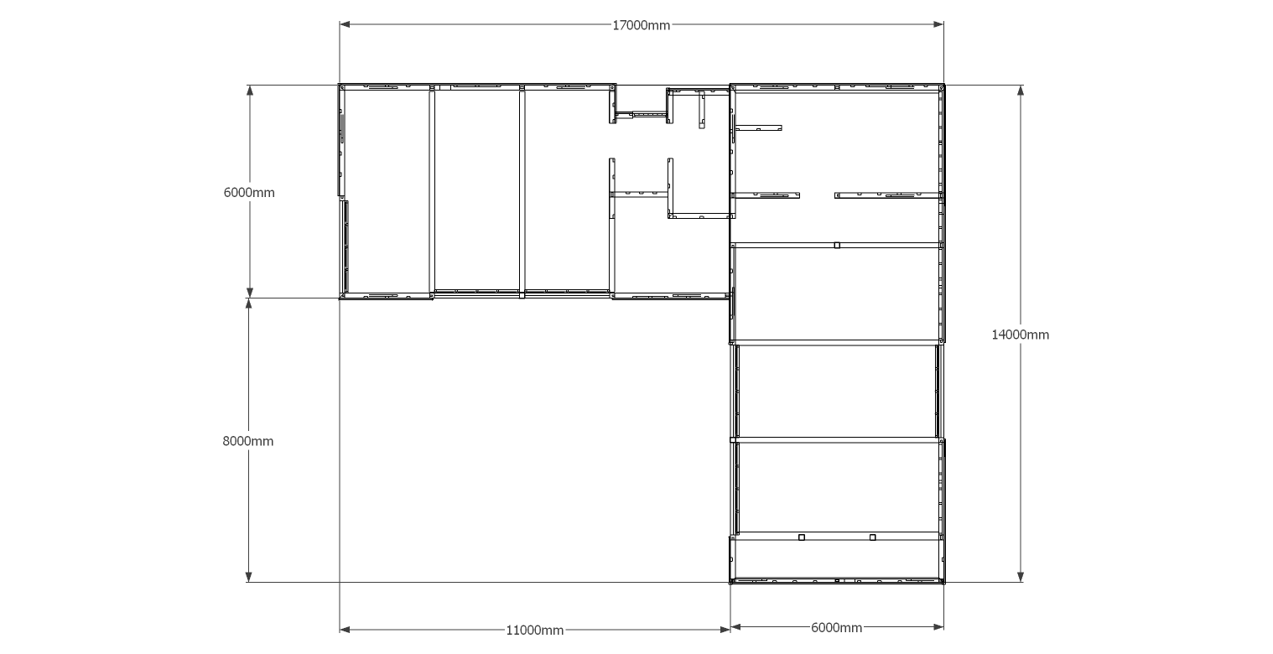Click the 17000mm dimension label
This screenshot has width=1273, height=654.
[641, 25]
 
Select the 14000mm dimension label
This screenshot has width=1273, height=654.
[1020, 335]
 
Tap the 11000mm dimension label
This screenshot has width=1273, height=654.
[535, 631]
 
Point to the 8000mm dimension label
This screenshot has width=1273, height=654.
[247, 441]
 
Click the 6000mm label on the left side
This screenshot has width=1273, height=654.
[249, 193]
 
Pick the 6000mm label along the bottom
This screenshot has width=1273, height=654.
[837, 627]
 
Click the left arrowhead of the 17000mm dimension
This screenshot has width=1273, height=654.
[345, 24]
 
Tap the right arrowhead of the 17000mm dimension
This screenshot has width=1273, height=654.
[938, 24]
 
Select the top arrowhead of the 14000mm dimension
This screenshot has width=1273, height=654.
[1021, 91]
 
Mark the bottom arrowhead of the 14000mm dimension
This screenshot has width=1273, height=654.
[1021, 576]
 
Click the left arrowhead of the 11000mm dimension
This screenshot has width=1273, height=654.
[345, 630]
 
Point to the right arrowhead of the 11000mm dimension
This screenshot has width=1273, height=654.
[725, 630]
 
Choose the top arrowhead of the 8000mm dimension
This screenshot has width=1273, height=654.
[248, 304]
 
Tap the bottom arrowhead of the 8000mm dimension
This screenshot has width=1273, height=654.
[248, 576]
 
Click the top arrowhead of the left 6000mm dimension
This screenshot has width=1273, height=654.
[250, 91]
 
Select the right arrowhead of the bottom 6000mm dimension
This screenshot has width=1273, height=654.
[938, 627]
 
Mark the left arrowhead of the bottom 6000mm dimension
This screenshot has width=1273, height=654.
[736, 627]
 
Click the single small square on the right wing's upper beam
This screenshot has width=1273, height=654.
[837, 246]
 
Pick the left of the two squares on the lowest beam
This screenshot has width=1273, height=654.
[802, 537]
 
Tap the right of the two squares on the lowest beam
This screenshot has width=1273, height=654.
[873, 537]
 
